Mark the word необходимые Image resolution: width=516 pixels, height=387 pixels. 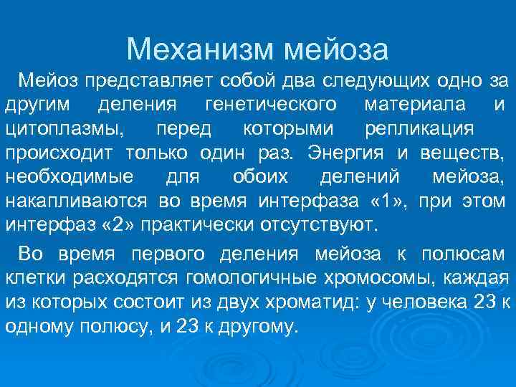(68, 177)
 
